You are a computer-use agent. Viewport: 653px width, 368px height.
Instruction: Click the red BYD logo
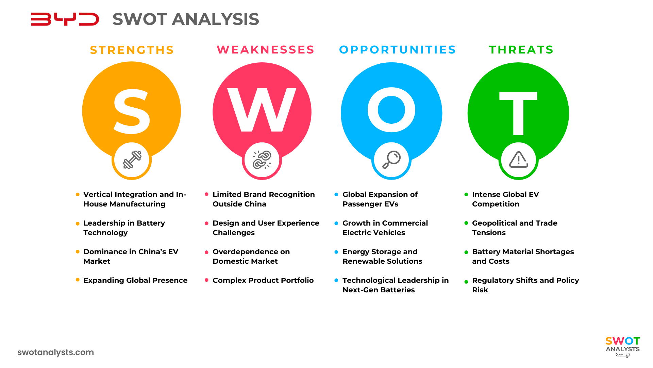65,19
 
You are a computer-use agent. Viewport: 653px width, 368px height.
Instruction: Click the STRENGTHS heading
132,50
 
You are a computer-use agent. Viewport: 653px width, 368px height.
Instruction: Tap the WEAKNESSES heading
265,50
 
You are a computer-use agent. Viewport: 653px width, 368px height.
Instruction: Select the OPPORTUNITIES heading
397,50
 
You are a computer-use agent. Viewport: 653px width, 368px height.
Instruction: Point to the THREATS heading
521,50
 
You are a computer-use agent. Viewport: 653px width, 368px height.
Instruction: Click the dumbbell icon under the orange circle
132,160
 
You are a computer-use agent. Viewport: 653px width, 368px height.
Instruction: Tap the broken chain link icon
262,160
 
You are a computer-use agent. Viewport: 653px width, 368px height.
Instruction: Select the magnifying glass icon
391,159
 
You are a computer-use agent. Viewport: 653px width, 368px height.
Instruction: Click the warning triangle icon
518,160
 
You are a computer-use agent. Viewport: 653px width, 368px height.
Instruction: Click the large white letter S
132,111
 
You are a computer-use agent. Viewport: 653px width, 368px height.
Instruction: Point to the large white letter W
262,110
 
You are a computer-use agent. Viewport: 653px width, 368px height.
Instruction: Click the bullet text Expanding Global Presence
135,280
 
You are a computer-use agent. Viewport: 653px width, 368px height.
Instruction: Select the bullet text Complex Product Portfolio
263,280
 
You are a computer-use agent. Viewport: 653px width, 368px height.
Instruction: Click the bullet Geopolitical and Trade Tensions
514,228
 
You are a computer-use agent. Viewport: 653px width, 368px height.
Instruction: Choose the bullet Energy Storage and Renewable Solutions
382,257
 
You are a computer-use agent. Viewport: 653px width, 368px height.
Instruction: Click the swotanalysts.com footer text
56,352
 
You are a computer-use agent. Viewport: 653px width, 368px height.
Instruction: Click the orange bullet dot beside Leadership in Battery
78,224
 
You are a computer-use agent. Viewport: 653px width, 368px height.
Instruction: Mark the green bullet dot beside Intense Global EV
466,195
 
